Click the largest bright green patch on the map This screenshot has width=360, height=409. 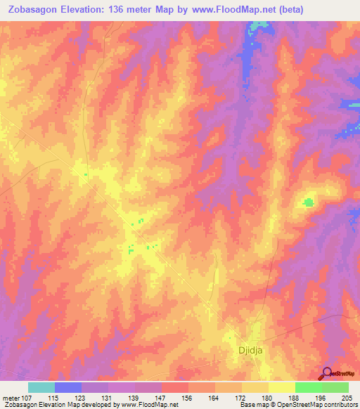point(308,203)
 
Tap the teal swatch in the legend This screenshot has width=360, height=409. point(41,387)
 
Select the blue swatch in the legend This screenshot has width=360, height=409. point(68,387)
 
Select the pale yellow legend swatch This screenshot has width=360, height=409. point(282,387)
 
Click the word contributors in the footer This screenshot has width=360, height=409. point(341,405)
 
